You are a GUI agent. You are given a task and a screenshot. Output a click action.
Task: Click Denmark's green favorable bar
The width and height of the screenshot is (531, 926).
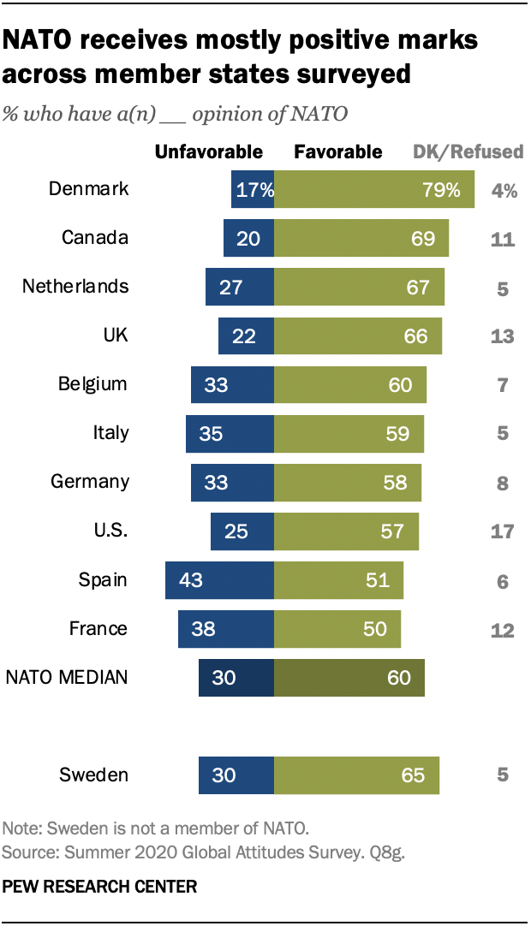(x=374, y=189)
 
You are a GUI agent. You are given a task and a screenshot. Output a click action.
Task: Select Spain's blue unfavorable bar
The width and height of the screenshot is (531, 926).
(x=219, y=580)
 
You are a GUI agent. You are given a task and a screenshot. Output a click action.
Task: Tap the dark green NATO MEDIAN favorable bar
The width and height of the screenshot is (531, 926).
(x=349, y=678)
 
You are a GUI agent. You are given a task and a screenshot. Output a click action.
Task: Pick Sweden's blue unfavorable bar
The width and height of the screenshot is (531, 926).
(x=236, y=775)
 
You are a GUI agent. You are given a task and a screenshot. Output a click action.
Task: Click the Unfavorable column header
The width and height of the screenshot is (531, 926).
(x=208, y=152)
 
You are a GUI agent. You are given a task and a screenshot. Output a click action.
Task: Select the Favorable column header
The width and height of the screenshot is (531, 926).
(x=338, y=152)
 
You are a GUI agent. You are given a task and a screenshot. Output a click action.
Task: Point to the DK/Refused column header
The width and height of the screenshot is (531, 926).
(x=468, y=152)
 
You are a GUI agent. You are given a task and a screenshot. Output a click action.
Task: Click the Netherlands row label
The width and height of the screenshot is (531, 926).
(x=75, y=286)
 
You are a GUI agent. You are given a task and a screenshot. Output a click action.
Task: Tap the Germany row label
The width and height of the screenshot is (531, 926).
(x=90, y=481)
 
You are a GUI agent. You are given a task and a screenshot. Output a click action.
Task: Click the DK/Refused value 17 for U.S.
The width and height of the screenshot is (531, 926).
(x=503, y=531)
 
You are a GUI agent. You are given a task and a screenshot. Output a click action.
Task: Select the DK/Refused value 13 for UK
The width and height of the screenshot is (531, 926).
(x=503, y=336)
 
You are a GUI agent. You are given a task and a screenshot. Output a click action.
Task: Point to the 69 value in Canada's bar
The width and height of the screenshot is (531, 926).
(x=423, y=238)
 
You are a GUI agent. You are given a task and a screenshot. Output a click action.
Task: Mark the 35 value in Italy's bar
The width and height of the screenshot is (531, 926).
(x=211, y=433)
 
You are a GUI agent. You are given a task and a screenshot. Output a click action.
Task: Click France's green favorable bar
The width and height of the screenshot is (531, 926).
(x=337, y=629)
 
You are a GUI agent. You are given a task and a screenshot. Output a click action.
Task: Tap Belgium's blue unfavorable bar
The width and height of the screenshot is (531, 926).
(x=232, y=384)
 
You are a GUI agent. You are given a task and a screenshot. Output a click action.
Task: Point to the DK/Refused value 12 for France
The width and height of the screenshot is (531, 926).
(x=503, y=630)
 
